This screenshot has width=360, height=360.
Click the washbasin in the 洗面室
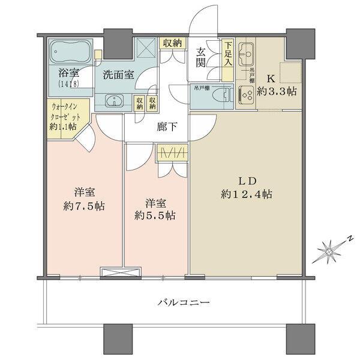tap(113, 101)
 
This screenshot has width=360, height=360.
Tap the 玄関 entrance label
tap(202, 58)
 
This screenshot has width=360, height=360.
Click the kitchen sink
tap(246, 57)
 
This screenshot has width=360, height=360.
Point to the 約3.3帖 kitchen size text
tap(278, 91)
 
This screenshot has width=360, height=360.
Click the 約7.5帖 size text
tap(83, 205)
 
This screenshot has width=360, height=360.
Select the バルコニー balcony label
tap(178, 302)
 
